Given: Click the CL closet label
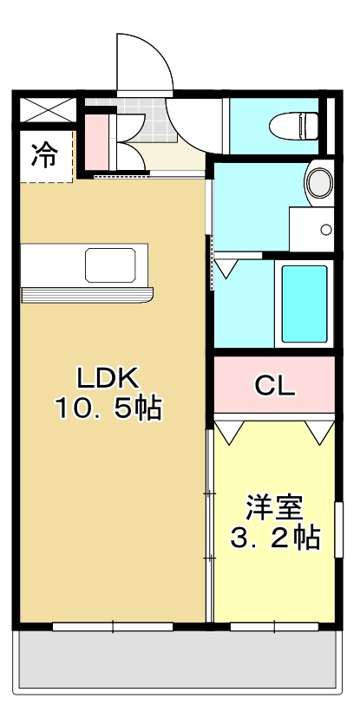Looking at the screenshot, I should coord(274,387).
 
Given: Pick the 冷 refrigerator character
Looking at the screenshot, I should coord(44,157).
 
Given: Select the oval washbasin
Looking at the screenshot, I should coord(318,183).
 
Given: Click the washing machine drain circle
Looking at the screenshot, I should coord(325,230).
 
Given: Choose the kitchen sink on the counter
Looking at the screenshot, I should coord(110,265).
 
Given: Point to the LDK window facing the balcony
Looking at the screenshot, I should coord(113,625).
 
